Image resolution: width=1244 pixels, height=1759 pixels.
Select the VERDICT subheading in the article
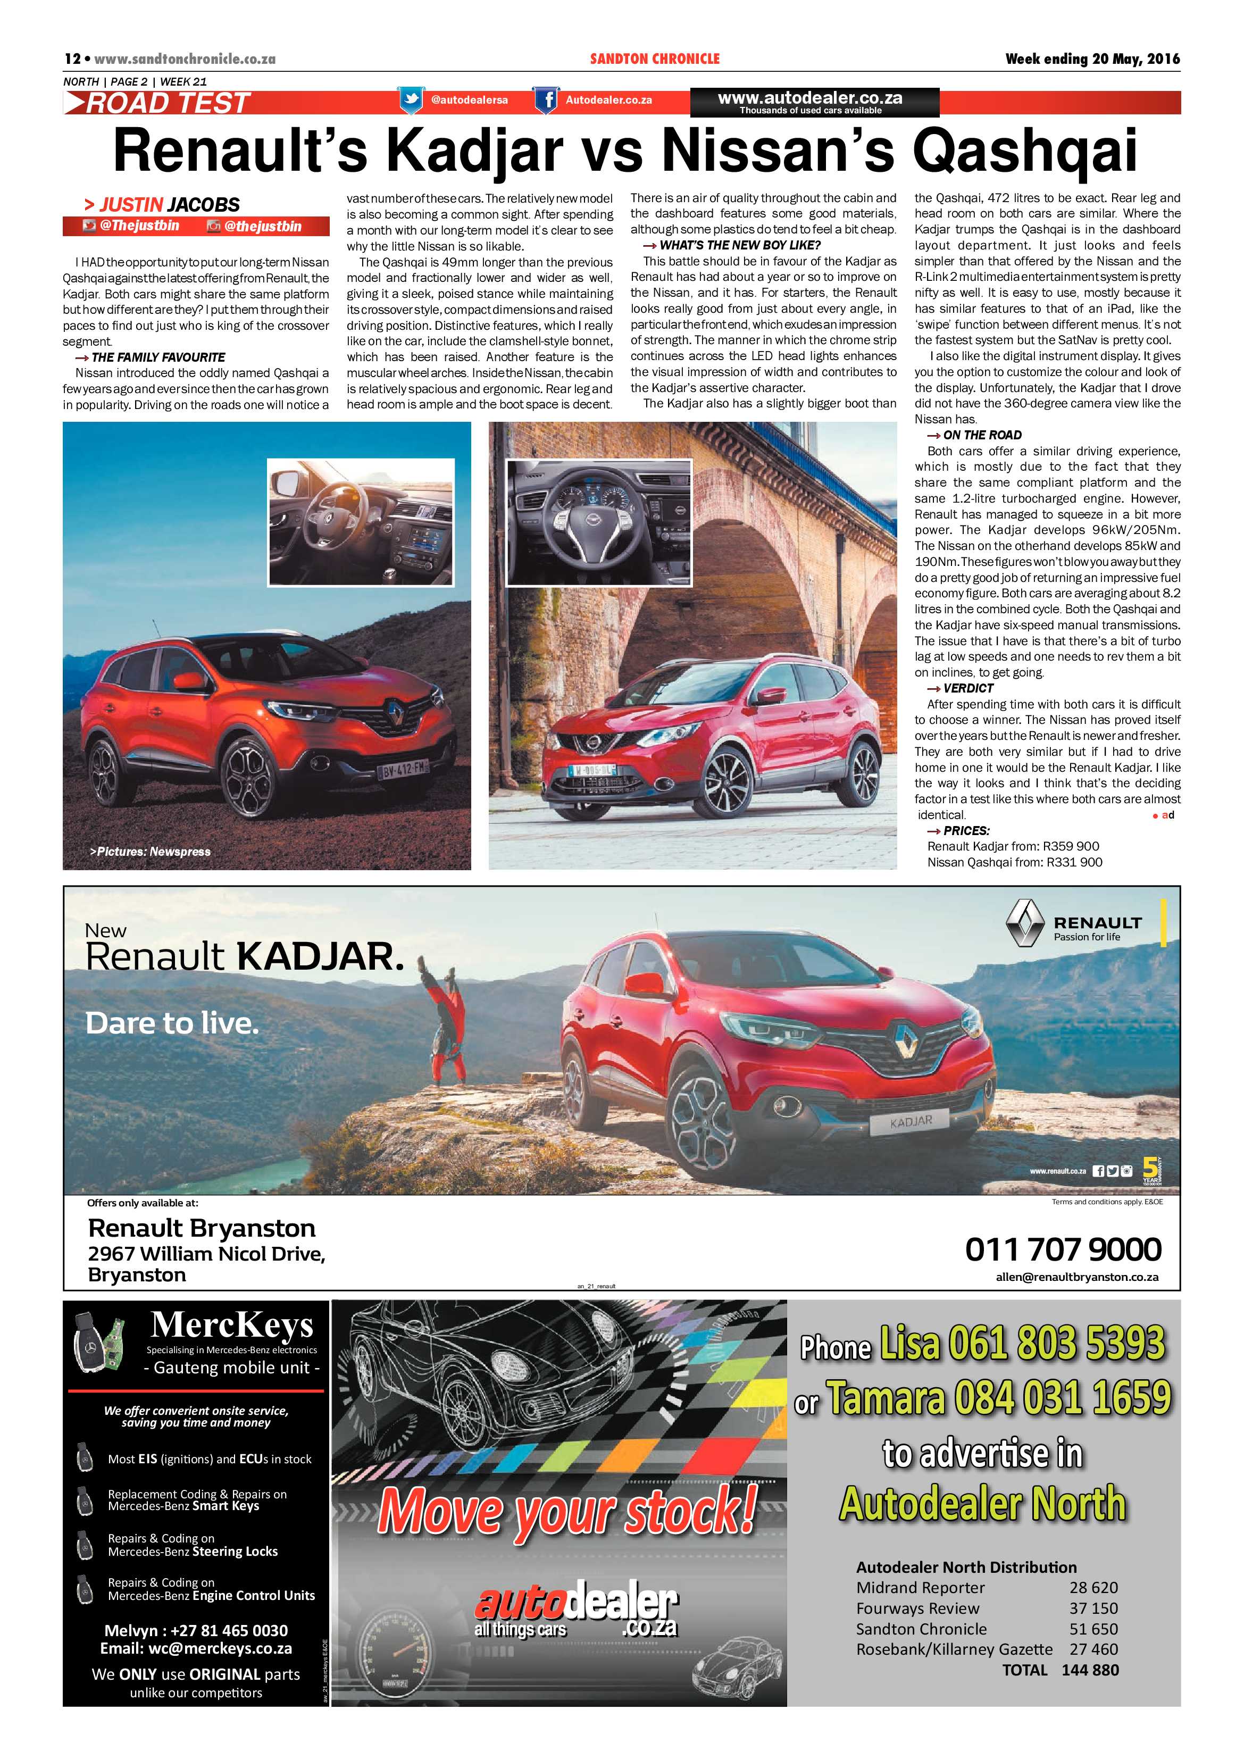(967, 688)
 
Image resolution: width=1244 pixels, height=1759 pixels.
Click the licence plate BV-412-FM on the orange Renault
(404, 767)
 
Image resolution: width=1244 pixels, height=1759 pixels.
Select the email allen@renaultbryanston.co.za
(1076, 1277)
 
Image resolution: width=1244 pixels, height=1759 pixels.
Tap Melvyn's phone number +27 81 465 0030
(196, 1630)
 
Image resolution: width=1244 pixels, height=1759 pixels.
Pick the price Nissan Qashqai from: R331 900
(1014, 862)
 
